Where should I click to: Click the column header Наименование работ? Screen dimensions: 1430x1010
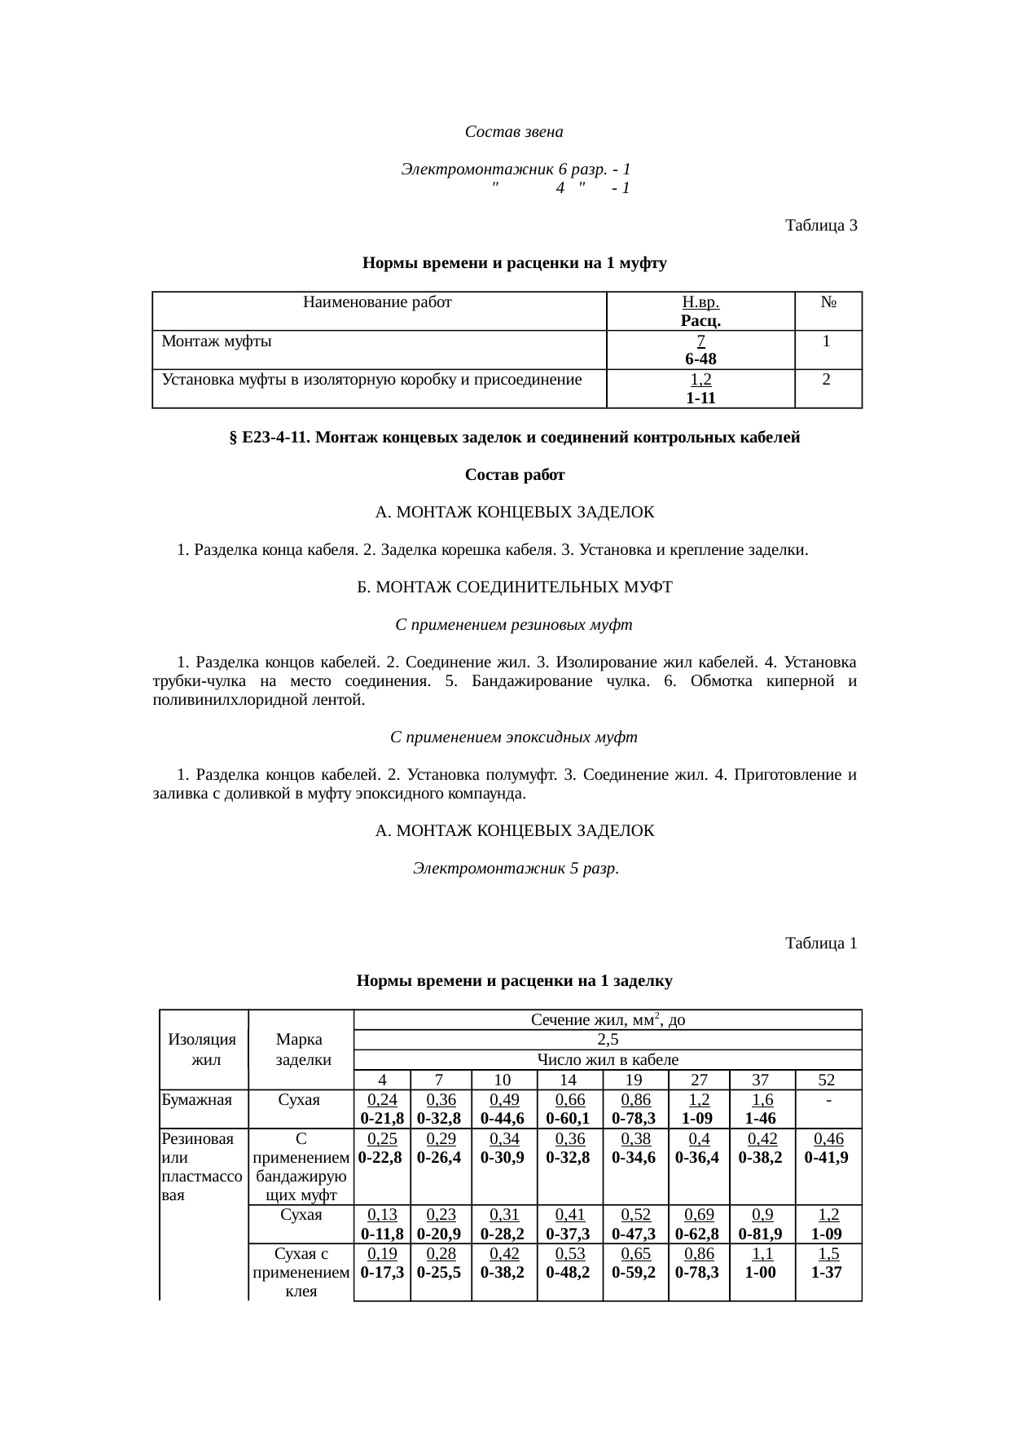point(377,302)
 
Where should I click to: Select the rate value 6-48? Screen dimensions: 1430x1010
point(700,359)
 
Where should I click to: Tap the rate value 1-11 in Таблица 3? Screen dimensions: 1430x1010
point(700,398)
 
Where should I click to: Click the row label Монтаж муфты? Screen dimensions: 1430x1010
point(217,341)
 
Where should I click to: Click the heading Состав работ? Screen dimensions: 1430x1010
point(514,474)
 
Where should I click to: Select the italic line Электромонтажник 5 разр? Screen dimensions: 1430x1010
point(515,868)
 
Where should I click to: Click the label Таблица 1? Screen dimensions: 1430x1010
point(820,943)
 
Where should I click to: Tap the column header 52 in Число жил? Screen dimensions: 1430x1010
point(827,1080)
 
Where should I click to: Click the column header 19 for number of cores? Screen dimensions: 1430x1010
point(635,1080)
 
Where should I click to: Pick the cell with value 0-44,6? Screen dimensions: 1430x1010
point(503,1118)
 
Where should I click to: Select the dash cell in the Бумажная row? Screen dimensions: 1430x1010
point(828,1101)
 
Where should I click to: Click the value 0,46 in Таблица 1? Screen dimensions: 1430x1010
point(828,1138)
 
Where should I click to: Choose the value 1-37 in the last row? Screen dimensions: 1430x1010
point(828,1271)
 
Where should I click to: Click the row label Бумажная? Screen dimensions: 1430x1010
point(196,1100)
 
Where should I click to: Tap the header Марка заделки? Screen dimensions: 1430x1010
point(301,1049)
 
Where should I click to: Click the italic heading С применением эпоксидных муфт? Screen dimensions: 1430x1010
point(514,737)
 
